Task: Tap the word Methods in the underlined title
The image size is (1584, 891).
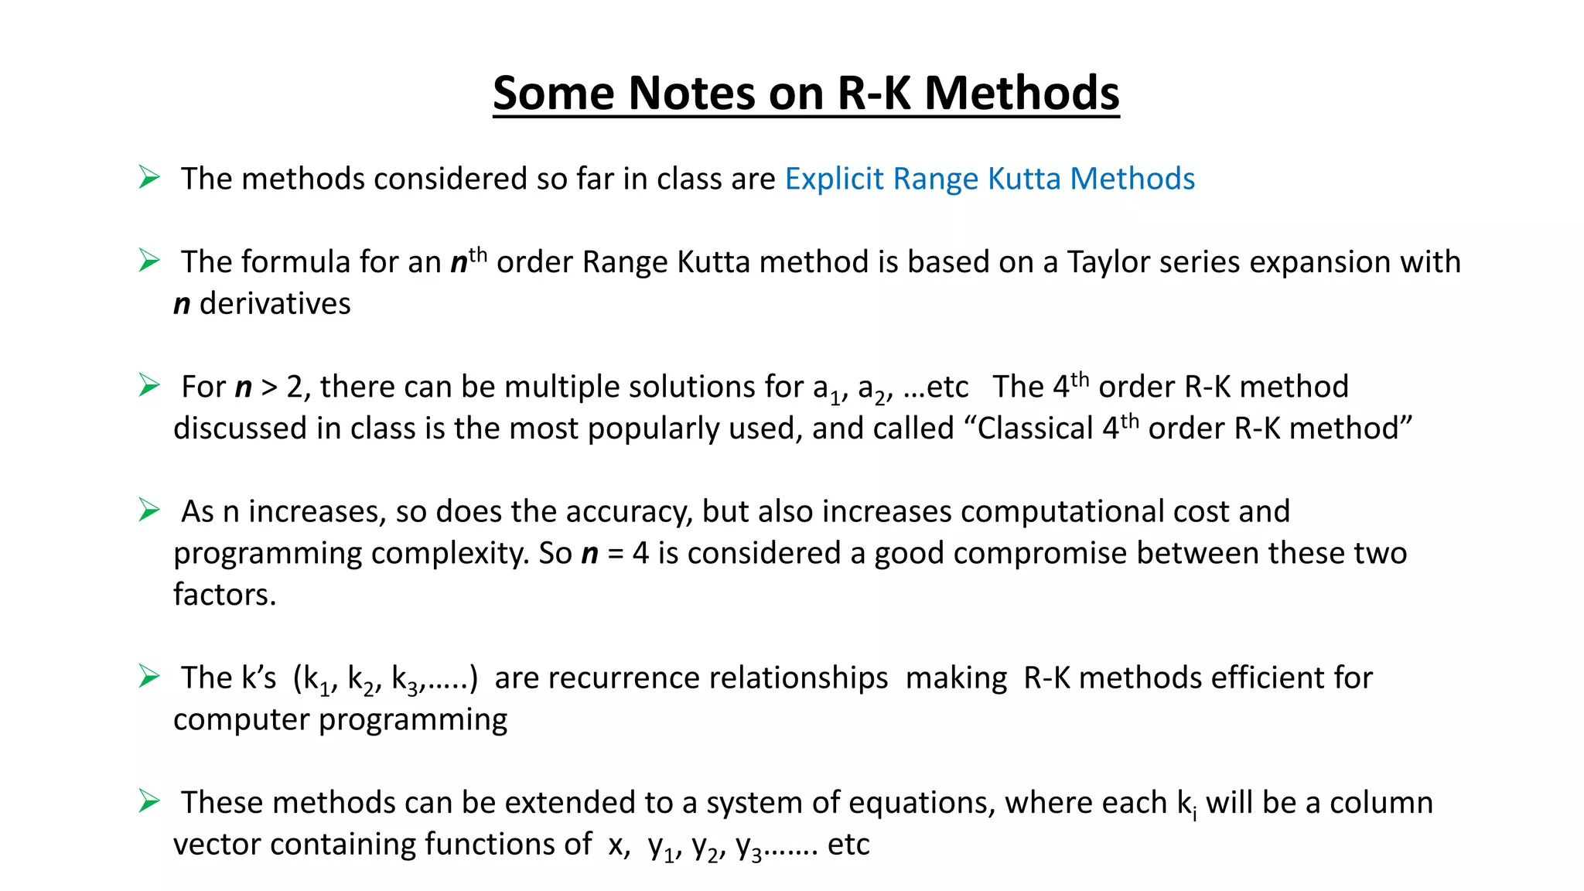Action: point(1022,94)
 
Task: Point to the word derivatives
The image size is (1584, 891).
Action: point(275,304)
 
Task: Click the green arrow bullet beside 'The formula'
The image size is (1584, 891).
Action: point(148,261)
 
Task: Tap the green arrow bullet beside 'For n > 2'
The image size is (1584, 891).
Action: point(148,385)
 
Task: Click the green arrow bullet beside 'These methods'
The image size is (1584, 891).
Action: point(148,801)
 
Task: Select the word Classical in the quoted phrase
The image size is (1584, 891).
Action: point(1035,428)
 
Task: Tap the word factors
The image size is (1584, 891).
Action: point(224,595)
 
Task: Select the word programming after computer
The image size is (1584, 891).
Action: point(413,720)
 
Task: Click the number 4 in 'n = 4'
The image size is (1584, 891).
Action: point(640,554)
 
